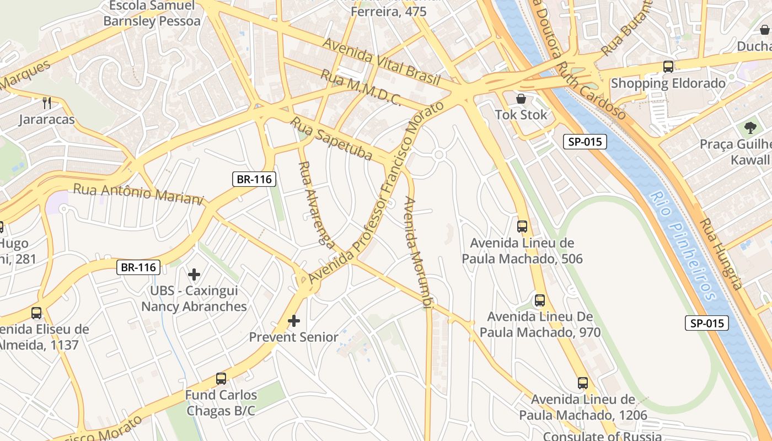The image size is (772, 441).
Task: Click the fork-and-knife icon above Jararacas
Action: pyautogui.click(x=47, y=103)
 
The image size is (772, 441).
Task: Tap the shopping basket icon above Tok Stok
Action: pyautogui.click(x=521, y=99)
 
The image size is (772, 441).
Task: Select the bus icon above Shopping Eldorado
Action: pyautogui.click(x=668, y=67)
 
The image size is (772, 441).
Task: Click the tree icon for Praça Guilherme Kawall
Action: pyautogui.click(x=750, y=128)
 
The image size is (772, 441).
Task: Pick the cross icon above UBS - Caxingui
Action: pyautogui.click(x=194, y=274)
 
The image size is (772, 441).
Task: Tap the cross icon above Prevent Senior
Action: pyautogui.click(x=294, y=320)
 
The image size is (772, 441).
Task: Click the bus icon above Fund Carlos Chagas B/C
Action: pyautogui.click(x=221, y=379)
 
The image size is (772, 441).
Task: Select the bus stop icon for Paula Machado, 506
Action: pyautogui.click(x=522, y=226)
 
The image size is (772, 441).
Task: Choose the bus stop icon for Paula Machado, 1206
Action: pyautogui.click(x=583, y=383)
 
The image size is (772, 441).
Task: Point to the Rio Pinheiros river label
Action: pyautogui.click(x=682, y=245)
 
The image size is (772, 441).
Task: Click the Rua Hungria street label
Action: pyautogui.click(x=721, y=254)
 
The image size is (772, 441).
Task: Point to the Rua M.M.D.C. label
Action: pyautogui.click(x=361, y=88)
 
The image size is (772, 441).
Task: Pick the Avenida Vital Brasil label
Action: pyautogui.click(x=381, y=62)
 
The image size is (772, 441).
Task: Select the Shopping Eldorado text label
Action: pyautogui.click(x=668, y=83)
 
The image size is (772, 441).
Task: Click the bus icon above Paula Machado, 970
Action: pyautogui.click(x=540, y=300)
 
